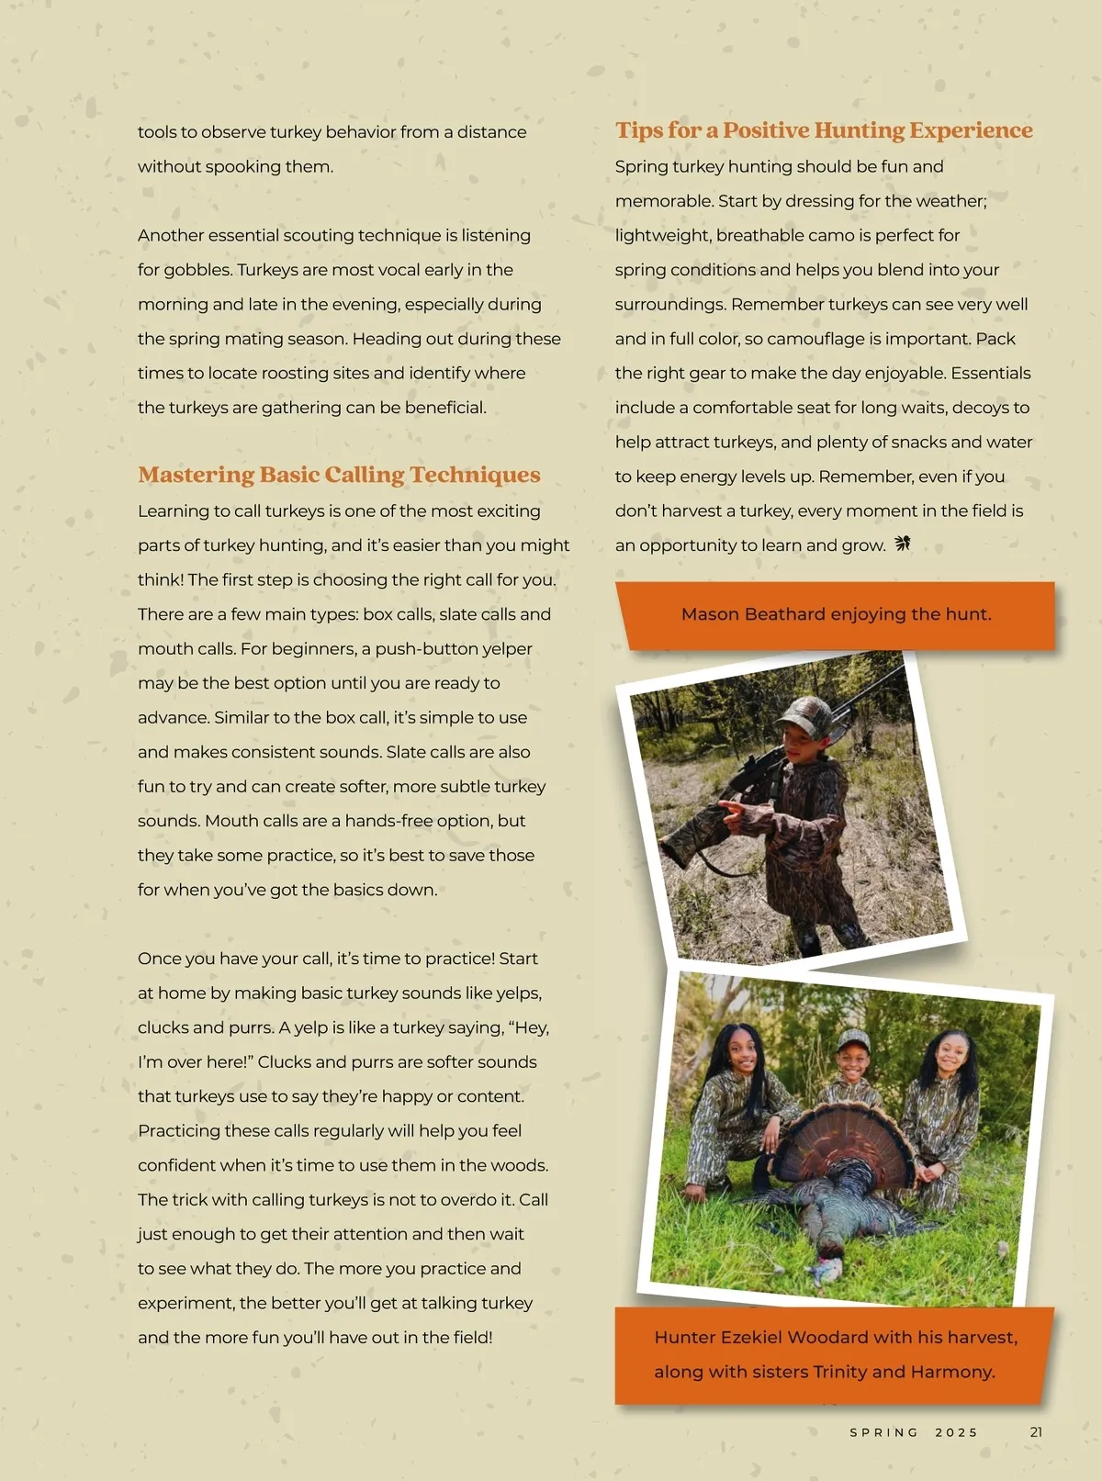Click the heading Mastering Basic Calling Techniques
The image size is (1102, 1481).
339,475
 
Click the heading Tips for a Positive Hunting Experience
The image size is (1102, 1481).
824,130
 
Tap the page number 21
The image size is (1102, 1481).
1036,1432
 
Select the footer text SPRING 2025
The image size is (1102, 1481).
913,1432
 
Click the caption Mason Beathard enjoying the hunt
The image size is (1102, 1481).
836,614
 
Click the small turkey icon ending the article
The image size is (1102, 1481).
903,544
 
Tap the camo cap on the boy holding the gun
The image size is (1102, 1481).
804,712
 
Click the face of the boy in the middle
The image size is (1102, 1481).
852,1063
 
